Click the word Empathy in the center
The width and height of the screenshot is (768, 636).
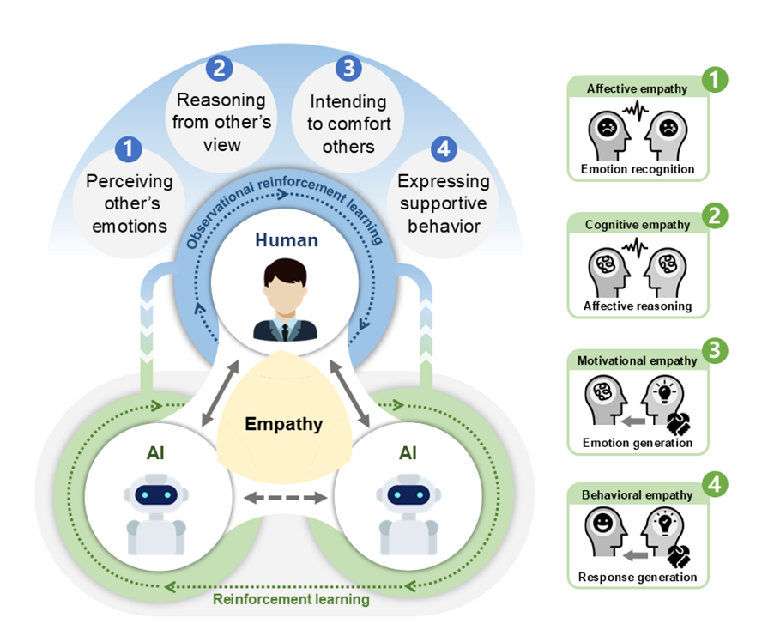(x=283, y=424)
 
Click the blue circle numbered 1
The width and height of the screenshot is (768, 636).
(x=129, y=149)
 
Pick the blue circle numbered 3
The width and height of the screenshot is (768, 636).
(x=348, y=67)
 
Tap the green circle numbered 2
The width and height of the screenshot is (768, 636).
(x=713, y=217)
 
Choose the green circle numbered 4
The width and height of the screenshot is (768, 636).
(x=714, y=486)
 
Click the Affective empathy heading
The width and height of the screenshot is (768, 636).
(x=638, y=88)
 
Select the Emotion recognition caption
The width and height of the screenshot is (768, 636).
(x=638, y=169)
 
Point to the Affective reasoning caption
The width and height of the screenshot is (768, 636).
(x=638, y=306)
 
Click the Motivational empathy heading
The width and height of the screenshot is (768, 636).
(x=637, y=360)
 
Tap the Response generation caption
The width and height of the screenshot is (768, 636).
(x=638, y=577)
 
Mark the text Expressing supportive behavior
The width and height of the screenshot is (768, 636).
(x=444, y=203)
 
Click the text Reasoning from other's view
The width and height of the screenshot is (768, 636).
(x=221, y=122)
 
